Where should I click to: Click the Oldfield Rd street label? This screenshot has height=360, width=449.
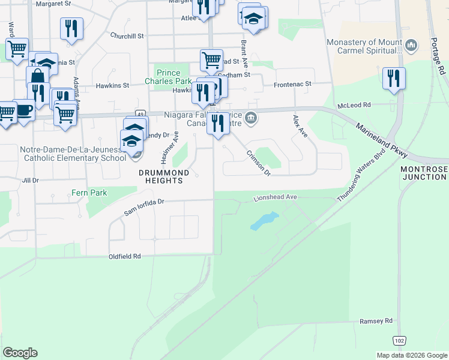(124, 256)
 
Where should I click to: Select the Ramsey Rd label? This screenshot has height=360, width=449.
(376, 321)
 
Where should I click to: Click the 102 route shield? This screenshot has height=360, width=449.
(400, 340)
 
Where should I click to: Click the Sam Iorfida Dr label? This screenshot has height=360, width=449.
(144, 208)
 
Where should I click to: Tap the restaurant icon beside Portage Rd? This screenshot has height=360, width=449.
(394, 78)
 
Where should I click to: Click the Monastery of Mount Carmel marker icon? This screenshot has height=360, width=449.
(411, 45)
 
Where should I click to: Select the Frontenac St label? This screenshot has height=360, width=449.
(293, 85)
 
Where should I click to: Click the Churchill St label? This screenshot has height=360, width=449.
(127, 36)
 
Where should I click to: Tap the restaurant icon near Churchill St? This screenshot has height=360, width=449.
(71, 28)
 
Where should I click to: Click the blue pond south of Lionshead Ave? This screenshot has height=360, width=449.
(264, 221)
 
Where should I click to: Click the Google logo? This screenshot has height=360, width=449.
(20, 353)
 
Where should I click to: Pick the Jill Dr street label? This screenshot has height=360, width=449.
(30, 180)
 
